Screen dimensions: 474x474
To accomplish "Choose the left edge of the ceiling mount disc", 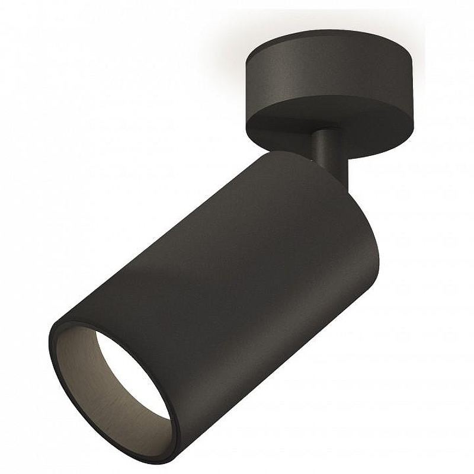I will pyautogui.click(x=246, y=95).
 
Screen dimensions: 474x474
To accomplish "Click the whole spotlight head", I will pyautogui.click(x=201, y=296).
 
